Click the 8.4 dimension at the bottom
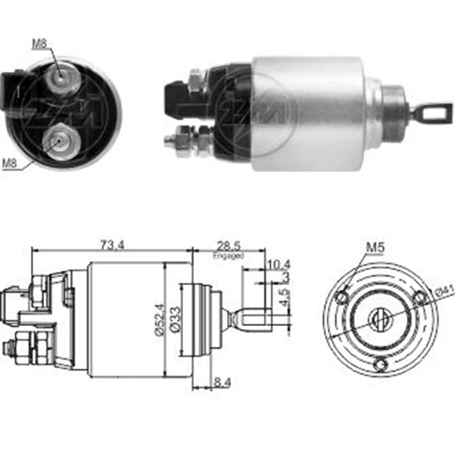click(x=222, y=383)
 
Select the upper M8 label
click(x=40, y=44)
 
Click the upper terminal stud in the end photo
click(x=61, y=78)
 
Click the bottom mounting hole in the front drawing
click(x=381, y=364)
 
